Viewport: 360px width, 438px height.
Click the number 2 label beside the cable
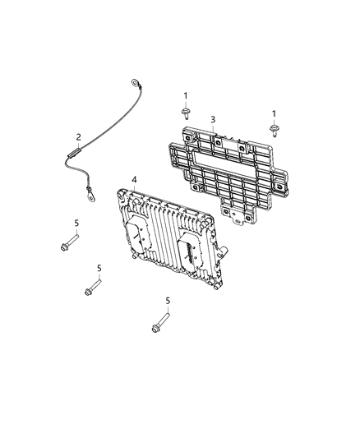point(78,136)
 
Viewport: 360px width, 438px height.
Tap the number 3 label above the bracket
point(213,119)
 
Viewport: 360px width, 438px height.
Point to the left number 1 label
point(186,95)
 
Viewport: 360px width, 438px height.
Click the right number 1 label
point(274,113)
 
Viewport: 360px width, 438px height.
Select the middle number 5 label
point(99,268)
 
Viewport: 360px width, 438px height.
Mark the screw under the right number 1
point(274,127)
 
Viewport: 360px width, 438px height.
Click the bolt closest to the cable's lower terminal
point(68,242)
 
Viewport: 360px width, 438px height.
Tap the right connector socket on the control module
point(188,250)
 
